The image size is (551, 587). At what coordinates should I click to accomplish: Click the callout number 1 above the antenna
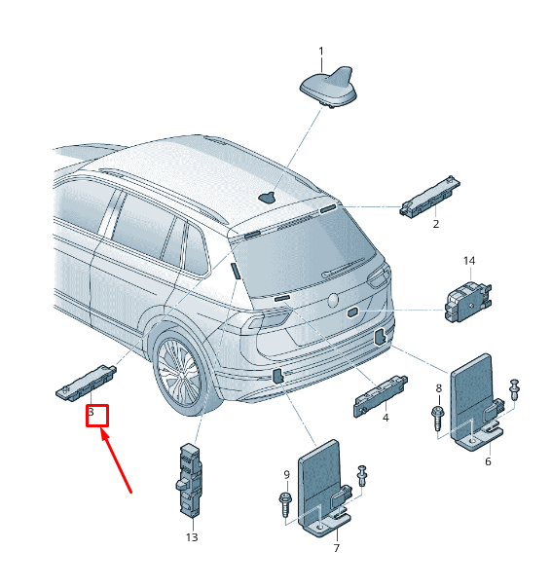(321, 51)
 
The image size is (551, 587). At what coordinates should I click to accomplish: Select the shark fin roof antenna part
(327, 87)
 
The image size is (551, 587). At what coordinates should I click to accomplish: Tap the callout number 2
(436, 224)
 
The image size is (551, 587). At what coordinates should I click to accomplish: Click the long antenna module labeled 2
(429, 197)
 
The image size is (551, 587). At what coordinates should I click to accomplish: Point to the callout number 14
(469, 261)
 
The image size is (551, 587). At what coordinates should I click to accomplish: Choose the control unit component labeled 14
(468, 302)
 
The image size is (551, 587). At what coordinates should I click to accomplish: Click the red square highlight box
(97, 416)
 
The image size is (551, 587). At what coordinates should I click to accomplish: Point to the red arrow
(116, 461)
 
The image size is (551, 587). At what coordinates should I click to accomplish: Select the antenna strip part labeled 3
(86, 384)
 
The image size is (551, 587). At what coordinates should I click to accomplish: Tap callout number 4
(386, 418)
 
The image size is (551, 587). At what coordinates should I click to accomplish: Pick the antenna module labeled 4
(381, 395)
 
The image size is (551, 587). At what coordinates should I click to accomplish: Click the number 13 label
(192, 537)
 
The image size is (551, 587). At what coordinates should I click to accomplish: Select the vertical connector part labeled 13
(189, 480)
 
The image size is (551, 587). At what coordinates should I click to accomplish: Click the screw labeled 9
(285, 504)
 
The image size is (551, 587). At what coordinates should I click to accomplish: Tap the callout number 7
(336, 548)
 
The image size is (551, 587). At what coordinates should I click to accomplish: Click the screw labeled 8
(437, 419)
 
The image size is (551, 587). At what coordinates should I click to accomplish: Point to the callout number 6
(488, 461)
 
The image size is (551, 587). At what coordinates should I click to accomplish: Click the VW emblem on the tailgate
(333, 301)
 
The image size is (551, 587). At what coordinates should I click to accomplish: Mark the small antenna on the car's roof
(268, 197)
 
